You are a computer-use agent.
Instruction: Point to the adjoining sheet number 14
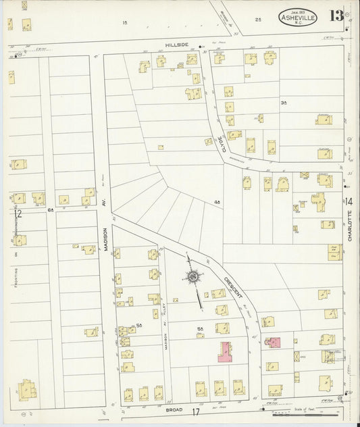[349, 201]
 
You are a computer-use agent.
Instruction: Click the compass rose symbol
[192, 276]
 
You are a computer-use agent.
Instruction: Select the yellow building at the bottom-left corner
[27, 390]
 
